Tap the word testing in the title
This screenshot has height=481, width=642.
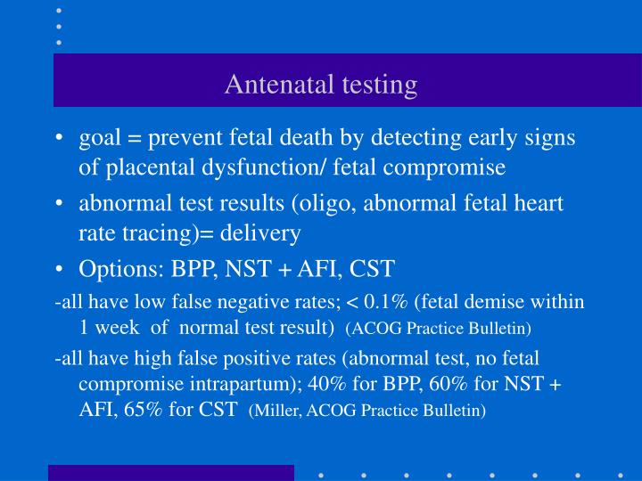(x=374, y=85)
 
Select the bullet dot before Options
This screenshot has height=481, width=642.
(x=60, y=268)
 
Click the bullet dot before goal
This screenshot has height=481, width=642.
(x=60, y=138)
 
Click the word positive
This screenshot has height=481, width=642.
(x=234, y=359)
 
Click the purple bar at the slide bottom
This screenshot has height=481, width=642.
(x=171, y=472)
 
